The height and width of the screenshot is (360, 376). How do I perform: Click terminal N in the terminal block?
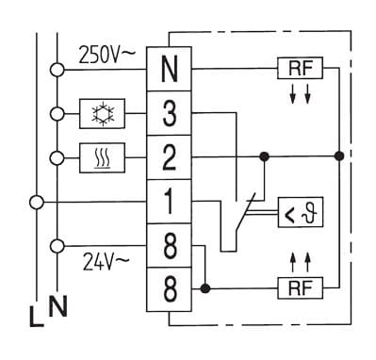click(x=169, y=69)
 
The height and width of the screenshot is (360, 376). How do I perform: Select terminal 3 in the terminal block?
click(x=169, y=113)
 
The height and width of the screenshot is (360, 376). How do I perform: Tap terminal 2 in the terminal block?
click(x=169, y=157)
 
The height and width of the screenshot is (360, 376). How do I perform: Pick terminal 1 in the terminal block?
click(x=169, y=202)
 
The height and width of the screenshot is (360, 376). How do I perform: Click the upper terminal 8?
click(x=169, y=246)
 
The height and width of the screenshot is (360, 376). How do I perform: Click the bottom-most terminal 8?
click(x=169, y=289)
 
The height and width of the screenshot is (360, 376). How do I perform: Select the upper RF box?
click(x=300, y=68)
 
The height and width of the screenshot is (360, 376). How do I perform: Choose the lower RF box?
click(x=301, y=287)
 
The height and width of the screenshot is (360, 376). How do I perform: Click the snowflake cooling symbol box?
click(x=102, y=113)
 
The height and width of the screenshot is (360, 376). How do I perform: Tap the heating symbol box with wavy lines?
click(x=102, y=157)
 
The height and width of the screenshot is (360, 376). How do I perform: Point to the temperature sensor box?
click(x=301, y=212)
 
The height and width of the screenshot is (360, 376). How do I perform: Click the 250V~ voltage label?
click(x=106, y=55)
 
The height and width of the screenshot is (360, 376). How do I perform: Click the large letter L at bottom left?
click(x=36, y=316)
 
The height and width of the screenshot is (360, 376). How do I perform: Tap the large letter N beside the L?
click(x=57, y=306)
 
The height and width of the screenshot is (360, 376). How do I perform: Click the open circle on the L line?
click(x=37, y=203)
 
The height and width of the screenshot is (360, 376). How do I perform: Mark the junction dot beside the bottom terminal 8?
click(x=205, y=288)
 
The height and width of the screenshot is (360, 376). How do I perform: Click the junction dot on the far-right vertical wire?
click(x=339, y=155)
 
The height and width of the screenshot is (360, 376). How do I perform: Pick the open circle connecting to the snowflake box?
click(x=57, y=114)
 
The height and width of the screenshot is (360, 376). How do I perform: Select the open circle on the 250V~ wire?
click(x=57, y=70)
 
